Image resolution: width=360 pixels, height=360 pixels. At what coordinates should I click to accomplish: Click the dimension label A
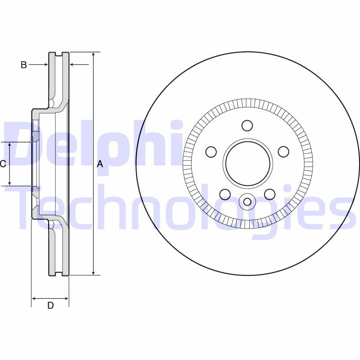[x=100, y=164]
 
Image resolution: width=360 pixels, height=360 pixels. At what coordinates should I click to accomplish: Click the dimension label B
[x=24, y=65]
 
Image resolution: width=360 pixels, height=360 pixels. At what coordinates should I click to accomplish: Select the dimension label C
[x=3, y=164]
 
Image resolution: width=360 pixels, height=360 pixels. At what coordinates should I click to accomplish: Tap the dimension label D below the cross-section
[x=50, y=306]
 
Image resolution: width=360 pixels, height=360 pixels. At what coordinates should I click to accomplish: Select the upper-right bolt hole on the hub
[x=283, y=152]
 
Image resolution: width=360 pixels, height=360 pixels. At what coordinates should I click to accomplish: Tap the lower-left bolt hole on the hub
[x=225, y=194]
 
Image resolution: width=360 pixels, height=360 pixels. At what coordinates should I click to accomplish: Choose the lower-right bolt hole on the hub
[x=270, y=194]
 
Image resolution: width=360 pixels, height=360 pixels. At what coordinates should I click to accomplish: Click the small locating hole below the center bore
[x=247, y=201]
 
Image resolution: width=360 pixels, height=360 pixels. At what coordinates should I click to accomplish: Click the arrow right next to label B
[x=45, y=65]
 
